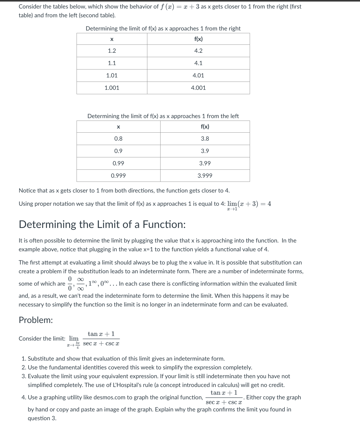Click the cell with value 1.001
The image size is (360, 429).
pyautogui.click(x=112, y=88)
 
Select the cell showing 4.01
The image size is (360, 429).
pyautogui.click(x=198, y=76)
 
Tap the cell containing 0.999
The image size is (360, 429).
pyautogui.click(x=118, y=176)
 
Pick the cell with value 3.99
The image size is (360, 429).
pyautogui.click(x=205, y=163)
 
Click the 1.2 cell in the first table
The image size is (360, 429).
pyautogui.click(x=112, y=51)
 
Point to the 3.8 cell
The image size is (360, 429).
pyautogui.click(x=205, y=139)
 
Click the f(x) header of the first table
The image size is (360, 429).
pyautogui.click(x=198, y=39)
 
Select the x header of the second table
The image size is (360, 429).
pyautogui.click(x=118, y=127)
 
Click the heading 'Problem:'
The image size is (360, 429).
pyautogui.click(x=36, y=320)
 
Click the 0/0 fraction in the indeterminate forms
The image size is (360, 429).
pyautogui.click(x=70, y=284)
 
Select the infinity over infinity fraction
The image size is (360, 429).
pyautogui.click(x=80, y=284)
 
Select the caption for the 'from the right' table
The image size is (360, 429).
pyautogui.click(x=163, y=29)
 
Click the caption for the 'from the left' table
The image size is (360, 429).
pyautogui.click(x=163, y=116)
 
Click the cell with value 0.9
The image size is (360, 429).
pyautogui.click(x=118, y=151)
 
